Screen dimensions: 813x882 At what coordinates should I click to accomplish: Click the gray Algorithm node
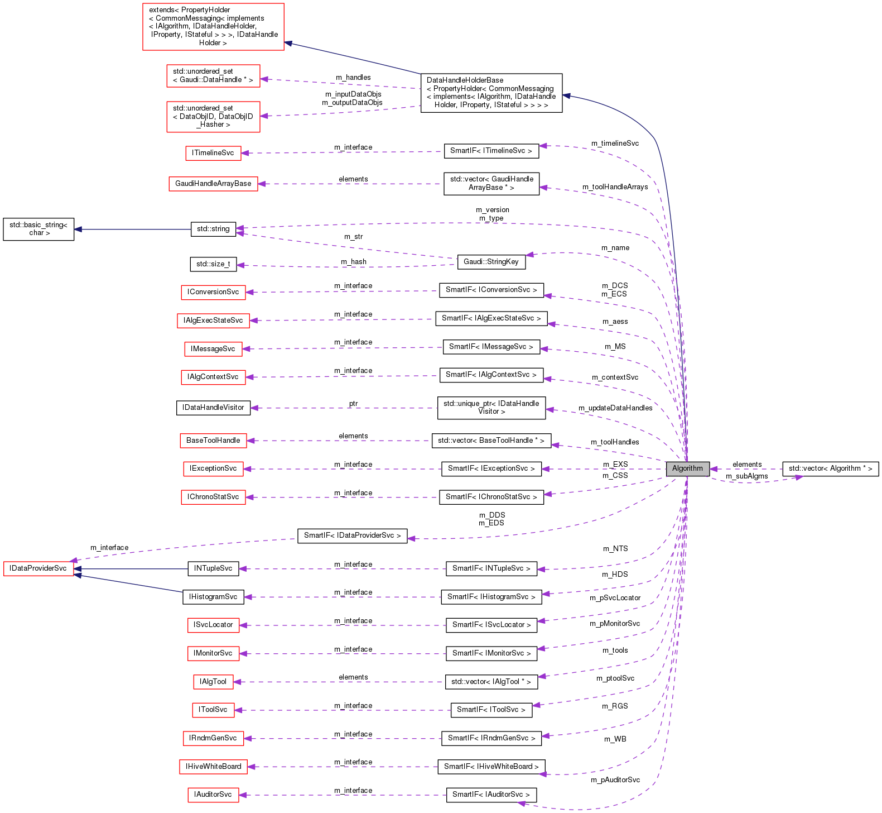(x=687, y=469)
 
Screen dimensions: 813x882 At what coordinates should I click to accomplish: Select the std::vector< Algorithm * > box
(x=830, y=469)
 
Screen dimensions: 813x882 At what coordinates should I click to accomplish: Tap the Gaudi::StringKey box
(x=491, y=262)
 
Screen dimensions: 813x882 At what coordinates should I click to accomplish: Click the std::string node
(x=213, y=229)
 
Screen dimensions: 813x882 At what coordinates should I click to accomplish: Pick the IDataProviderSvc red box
(x=38, y=569)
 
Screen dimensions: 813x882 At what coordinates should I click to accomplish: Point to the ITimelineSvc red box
(x=213, y=153)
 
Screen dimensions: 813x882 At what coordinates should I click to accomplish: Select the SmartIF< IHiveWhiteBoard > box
(x=491, y=767)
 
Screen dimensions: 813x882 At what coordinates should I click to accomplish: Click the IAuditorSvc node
(x=213, y=795)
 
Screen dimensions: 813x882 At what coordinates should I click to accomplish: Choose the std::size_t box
(x=213, y=264)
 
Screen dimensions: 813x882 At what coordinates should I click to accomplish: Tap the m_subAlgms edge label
(x=746, y=476)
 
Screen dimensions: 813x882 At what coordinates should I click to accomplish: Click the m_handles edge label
(x=353, y=78)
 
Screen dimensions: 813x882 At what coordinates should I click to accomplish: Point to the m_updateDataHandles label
(x=615, y=408)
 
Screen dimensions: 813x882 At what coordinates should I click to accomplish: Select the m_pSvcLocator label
(x=615, y=598)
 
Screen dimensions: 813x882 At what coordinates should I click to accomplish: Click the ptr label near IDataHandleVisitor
(x=353, y=404)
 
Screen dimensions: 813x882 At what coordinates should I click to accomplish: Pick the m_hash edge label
(x=354, y=262)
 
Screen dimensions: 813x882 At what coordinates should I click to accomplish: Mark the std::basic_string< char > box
(x=38, y=229)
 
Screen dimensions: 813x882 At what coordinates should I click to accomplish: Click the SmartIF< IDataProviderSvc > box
(x=352, y=535)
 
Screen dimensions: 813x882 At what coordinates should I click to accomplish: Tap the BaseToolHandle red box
(x=213, y=441)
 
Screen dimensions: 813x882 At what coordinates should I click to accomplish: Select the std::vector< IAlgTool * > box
(x=491, y=682)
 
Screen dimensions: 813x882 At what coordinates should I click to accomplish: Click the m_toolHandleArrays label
(x=615, y=187)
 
